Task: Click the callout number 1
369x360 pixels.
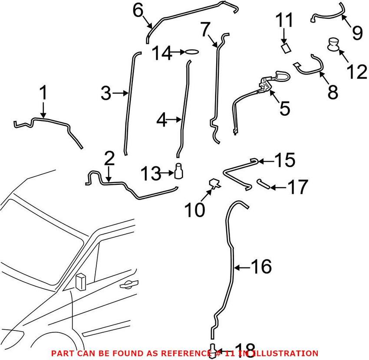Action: (x=43, y=93)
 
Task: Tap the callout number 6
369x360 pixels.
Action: (x=138, y=11)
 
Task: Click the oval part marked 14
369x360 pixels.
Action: (x=191, y=52)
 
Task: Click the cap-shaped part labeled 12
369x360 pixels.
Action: (x=334, y=44)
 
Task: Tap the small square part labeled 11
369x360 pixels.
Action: (x=286, y=48)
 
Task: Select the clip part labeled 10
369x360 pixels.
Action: (x=214, y=184)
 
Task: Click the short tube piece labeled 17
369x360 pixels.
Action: (x=264, y=184)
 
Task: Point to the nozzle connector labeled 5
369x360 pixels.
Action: (x=267, y=83)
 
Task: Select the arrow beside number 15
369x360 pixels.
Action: (x=266, y=161)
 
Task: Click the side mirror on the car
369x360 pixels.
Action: (x=80, y=281)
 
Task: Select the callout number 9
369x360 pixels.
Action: (x=357, y=32)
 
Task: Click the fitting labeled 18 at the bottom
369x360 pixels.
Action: (x=213, y=350)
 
